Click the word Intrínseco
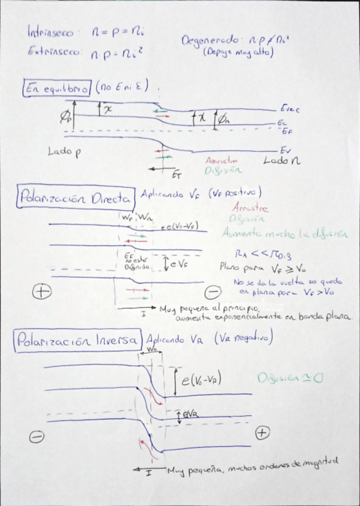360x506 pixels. point(48,33)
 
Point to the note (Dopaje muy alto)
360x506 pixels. point(238,53)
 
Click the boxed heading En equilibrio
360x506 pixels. point(57,88)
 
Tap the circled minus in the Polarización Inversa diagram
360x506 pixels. point(36,437)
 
